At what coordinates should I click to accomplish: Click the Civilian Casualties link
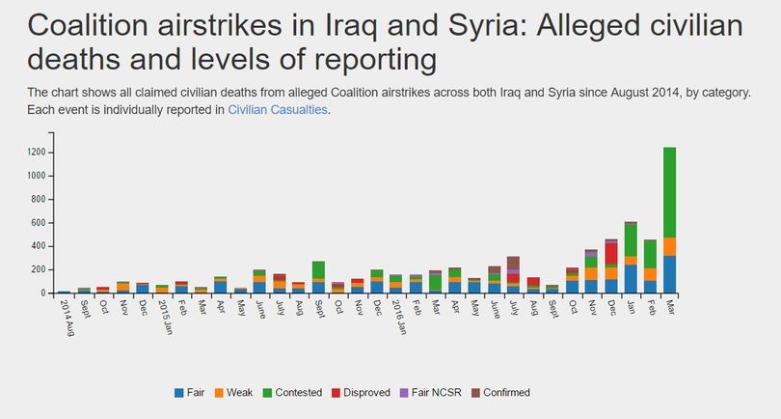[x=278, y=110]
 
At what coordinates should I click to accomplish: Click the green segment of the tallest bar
[x=669, y=192]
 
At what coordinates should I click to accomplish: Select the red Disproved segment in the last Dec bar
[x=611, y=254]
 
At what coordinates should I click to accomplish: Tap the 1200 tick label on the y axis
[x=37, y=153]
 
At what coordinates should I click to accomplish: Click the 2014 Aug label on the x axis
[x=67, y=318]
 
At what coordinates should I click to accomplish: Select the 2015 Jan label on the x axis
[x=165, y=317]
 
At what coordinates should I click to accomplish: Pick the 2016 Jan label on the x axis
[x=399, y=317]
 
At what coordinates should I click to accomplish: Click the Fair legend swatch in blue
[x=178, y=393]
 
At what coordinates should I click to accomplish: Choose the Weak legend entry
[x=233, y=393]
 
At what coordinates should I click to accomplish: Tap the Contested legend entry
[x=292, y=393]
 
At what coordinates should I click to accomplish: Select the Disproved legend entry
[x=362, y=393]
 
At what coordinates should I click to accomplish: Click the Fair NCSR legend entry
[x=431, y=393]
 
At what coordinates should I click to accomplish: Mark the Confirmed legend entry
[x=500, y=393]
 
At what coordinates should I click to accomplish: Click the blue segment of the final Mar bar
[x=669, y=274]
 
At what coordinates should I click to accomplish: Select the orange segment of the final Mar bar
[x=669, y=247]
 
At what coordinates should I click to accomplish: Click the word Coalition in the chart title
[x=88, y=25]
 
